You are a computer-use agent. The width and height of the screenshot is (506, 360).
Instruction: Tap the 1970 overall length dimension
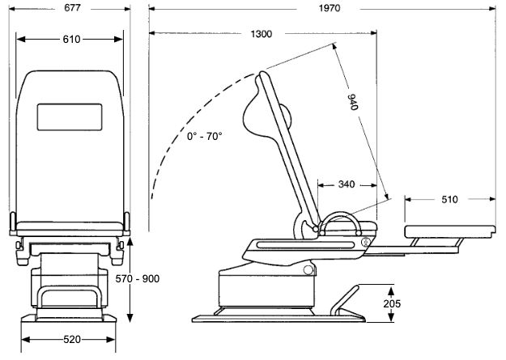(329, 8)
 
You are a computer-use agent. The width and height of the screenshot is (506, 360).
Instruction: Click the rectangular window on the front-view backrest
(70, 118)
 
